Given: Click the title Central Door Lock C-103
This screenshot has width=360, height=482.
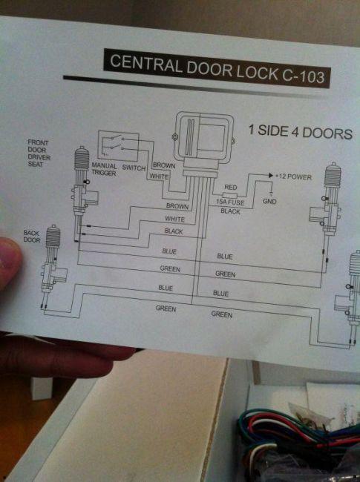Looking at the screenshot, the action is coord(217,68).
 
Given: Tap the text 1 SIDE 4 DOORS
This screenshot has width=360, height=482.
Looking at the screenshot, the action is coord(301,132).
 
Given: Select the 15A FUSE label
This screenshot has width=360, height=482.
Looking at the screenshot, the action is coord(230,202).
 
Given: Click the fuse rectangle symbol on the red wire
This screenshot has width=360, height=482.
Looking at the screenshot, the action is coord(229,196).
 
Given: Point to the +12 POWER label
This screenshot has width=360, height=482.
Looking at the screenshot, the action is coord(293,176).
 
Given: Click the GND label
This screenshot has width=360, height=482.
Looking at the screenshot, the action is coord(269,201).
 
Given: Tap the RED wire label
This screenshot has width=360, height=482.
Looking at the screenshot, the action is coord(230,187).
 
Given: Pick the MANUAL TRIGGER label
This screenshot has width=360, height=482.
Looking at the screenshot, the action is coord(104,169).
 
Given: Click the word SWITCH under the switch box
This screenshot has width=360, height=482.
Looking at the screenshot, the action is coord(134,168).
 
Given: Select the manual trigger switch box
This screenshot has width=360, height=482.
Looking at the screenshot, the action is coord(118,145).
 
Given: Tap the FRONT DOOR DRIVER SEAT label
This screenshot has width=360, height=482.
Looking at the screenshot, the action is coord(39,153).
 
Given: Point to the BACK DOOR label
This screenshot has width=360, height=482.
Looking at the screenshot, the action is coord(32,236).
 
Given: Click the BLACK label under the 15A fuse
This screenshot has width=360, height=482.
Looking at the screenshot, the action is coord(230,211).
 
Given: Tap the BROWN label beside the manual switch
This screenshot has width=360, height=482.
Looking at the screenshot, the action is coord(164,165).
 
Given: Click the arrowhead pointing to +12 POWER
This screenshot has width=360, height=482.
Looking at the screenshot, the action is coord(270,176).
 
